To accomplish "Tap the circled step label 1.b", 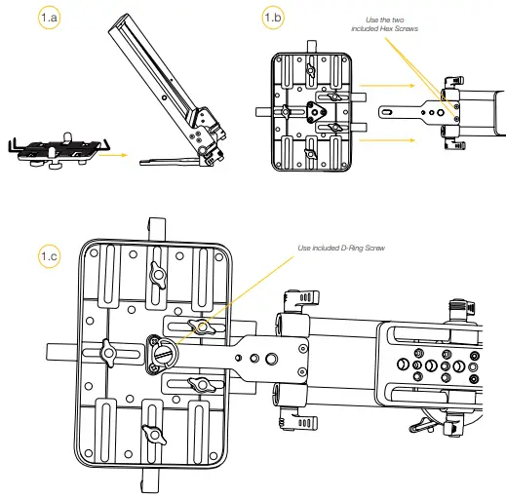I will click(274, 17).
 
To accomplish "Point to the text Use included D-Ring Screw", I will click(341, 249).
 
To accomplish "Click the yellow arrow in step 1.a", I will click(114, 153).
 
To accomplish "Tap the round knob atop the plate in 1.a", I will click(68, 136).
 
